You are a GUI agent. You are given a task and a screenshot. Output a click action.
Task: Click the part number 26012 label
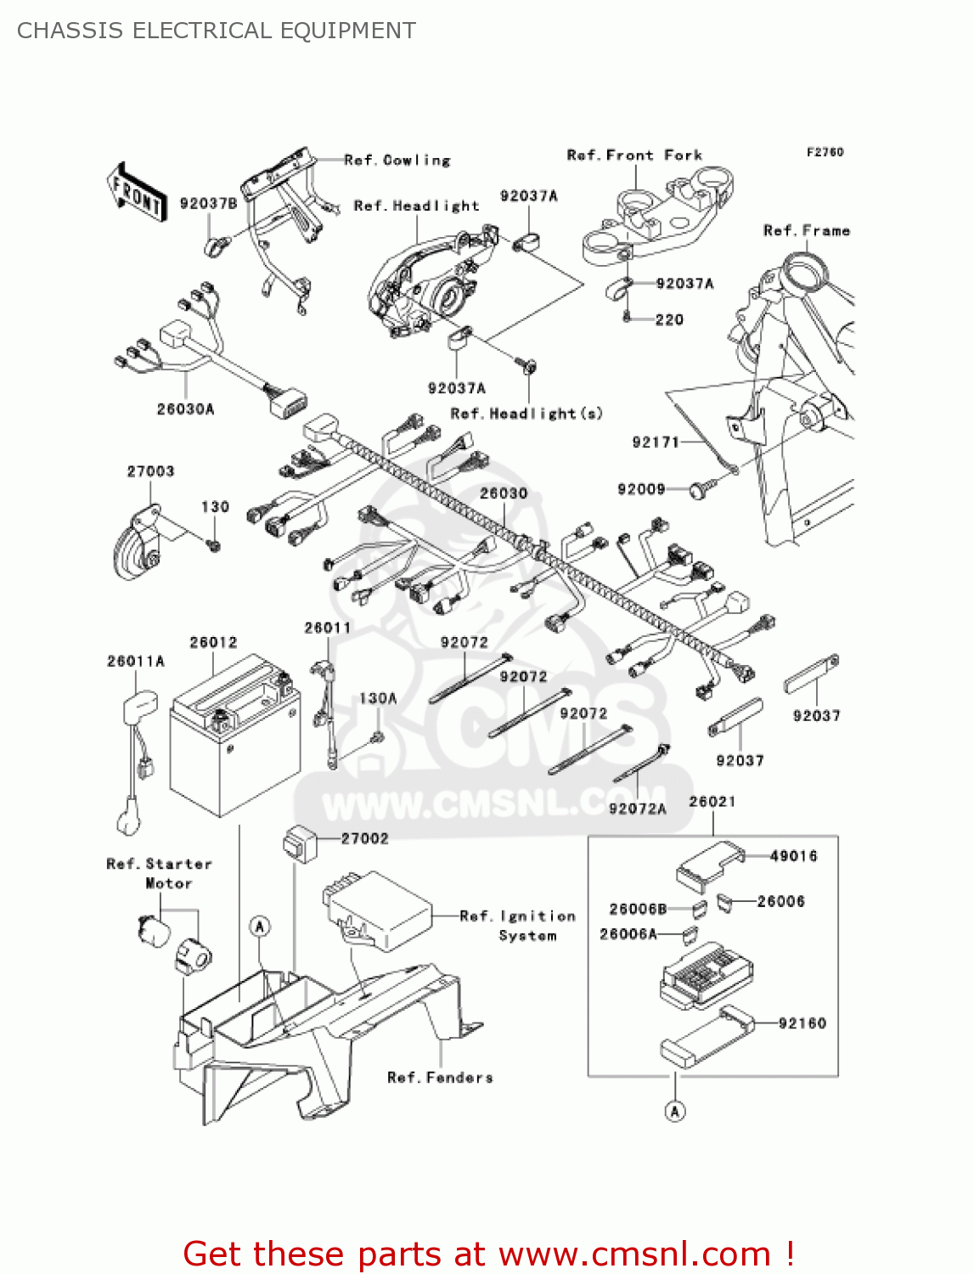[213, 642]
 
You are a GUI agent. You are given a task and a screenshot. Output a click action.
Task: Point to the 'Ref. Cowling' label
[397, 160]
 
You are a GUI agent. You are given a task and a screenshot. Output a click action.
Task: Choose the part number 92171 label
[656, 442]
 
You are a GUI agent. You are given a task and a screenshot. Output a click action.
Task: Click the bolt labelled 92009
[699, 490]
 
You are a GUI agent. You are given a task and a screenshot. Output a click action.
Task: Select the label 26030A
[185, 409]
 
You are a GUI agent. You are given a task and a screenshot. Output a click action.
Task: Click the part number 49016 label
[793, 856]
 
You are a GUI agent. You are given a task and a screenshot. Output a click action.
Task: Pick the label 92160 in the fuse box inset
[802, 1023]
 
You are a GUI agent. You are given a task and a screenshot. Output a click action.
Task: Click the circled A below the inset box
[675, 1111]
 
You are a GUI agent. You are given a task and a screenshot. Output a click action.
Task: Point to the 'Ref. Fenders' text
[440, 1078]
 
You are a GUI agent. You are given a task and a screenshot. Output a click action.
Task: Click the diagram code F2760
[825, 152]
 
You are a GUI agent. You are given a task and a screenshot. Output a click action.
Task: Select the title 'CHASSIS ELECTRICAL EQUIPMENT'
[217, 31]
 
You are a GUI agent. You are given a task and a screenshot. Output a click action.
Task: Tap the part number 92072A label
[637, 809]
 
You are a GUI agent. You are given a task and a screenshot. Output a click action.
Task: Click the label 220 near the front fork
[669, 319]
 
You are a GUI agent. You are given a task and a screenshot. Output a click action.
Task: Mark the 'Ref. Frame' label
[806, 231]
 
